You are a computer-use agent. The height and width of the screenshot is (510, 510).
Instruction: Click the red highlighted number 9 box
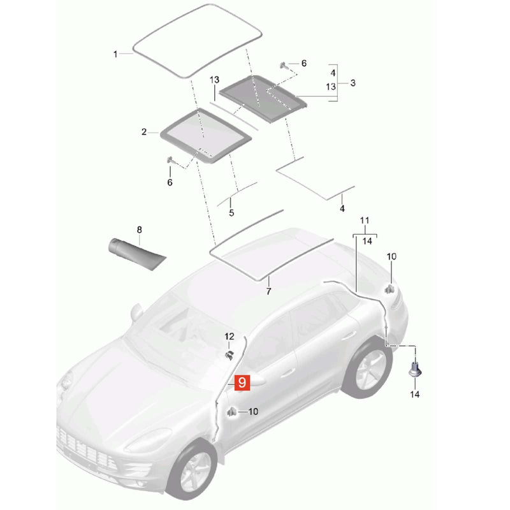(x=242, y=382)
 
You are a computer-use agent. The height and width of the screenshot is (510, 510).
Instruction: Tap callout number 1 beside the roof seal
(x=115, y=54)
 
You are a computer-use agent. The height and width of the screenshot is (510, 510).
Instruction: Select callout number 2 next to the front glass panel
(x=144, y=132)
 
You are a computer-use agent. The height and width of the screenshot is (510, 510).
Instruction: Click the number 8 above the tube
(x=140, y=230)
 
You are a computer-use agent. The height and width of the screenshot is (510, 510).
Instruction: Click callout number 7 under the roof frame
(x=268, y=291)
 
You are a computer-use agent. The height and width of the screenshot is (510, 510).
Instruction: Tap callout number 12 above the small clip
(x=229, y=336)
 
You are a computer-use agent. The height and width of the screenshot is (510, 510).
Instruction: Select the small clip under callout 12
(x=230, y=356)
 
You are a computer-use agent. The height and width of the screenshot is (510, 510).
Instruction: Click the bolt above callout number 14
(x=416, y=370)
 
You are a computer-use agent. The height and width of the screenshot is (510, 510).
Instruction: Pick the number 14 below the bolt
(x=415, y=394)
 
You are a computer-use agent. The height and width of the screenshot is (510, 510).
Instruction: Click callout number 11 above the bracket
(x=365, y=221)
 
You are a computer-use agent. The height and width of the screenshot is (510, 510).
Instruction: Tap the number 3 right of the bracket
(x=353, y=83)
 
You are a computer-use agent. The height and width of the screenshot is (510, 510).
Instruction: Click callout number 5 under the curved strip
(x=231, y=213)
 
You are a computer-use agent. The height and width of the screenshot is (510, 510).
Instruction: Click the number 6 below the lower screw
(x=170, y=182)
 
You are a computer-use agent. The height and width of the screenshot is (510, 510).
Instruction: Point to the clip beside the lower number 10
(x=231, y=412)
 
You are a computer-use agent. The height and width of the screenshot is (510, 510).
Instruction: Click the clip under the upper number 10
(x=389, y=289)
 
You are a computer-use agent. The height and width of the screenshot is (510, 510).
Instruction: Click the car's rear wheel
(x=368, y=368)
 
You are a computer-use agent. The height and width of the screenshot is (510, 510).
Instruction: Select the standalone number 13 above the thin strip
(x=214, y=80)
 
